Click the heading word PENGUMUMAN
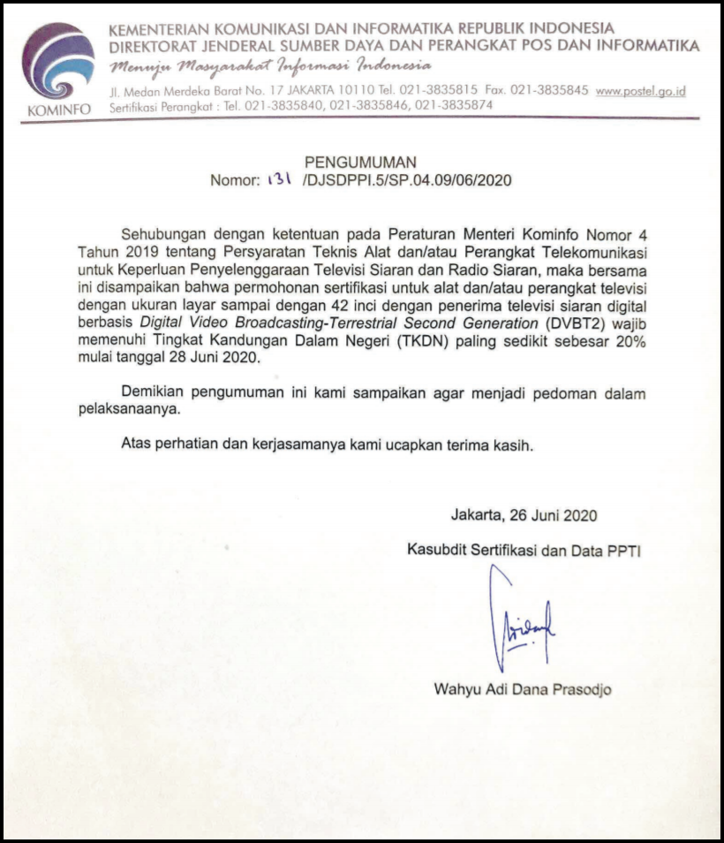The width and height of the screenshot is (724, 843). [x=360, y=162]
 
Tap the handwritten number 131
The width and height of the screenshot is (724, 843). [x=280, y=178]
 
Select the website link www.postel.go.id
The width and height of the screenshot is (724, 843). [x=641, y=91]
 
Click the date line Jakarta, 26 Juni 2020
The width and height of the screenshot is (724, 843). [x=524, y=514]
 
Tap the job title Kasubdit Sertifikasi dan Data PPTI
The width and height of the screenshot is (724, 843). [x=524, y=550]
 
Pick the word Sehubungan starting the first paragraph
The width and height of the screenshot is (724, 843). [x=165, y=235]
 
